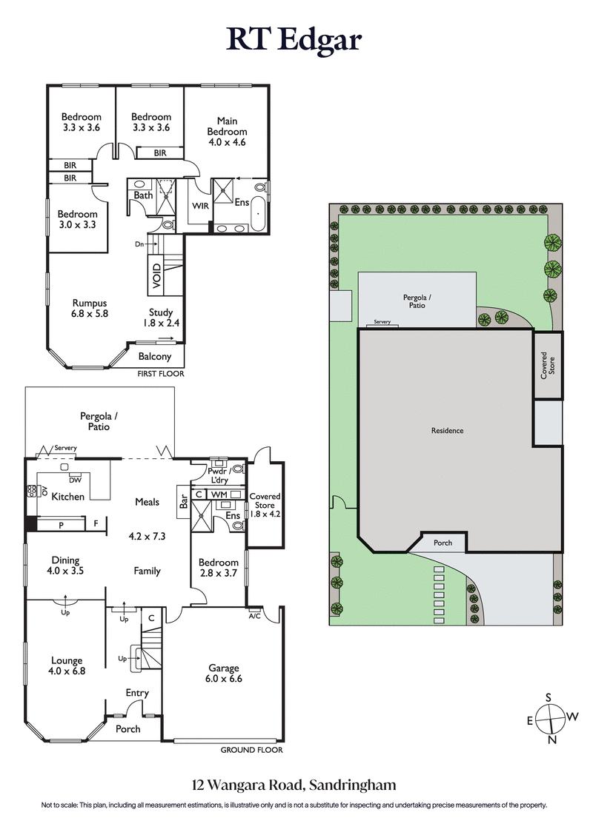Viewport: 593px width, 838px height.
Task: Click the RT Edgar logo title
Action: (x=294, y=38)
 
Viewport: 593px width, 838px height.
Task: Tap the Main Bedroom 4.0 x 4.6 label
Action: (x=227, y=132)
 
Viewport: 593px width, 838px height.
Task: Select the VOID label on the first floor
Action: (x=156, y=275)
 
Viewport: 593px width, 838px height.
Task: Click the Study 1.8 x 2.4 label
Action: (x=160, y=318)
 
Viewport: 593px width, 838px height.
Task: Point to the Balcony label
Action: (x=155, y=356)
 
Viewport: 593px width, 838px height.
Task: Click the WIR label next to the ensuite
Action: (x=199, y=205)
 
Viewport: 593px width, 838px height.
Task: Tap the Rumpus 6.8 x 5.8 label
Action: (x=90, y=308)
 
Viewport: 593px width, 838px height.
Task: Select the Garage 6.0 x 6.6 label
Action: (x=223, y=673)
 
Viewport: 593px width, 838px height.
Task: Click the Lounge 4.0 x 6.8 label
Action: (x=66, y=666)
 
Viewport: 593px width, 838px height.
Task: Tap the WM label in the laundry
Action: (x=219, y=494)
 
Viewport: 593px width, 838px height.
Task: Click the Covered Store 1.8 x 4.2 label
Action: (x=265, y=504)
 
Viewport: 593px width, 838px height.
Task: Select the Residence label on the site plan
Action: (x=447, y=430)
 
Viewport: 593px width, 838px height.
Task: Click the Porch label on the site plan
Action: (x=443, y=543)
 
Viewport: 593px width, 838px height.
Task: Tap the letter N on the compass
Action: (x=551, y=740)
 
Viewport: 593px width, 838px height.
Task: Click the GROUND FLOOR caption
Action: (x=252, y=750)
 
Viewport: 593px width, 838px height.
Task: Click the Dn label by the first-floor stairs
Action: (x=139, y=243)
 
